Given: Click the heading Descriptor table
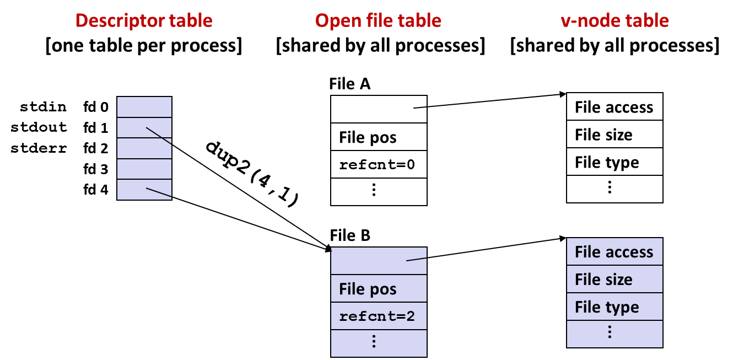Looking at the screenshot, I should coord(144,21).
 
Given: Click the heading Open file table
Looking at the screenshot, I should coord(378,21).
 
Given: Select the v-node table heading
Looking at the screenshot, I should coord(615,21).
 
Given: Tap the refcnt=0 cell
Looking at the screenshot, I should coord(379,164).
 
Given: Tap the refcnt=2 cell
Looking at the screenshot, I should coord(379,316).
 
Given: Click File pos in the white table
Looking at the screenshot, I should coord(368,137).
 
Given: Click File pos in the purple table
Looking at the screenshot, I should coord(368,289).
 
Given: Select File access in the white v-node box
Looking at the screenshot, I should coord(613,107).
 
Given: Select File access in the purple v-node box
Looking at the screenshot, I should coord(613,252).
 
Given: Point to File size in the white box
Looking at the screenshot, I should coord(603,135).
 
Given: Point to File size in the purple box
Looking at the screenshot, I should coord(603,280).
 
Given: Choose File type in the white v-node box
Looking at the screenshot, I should coord(607,162).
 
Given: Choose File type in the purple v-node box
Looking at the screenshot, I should coord(607,307).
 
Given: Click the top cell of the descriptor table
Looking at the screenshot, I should coord(144,107).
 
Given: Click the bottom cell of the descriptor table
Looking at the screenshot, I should coord(144,189).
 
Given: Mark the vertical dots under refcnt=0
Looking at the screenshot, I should coord(374,190).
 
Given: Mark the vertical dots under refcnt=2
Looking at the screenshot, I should coord(374,342).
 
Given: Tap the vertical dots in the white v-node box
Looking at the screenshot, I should coord(610,187).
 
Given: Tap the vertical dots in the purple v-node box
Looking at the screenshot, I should coord(610,332).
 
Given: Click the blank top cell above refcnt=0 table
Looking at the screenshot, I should coord(379,110).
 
